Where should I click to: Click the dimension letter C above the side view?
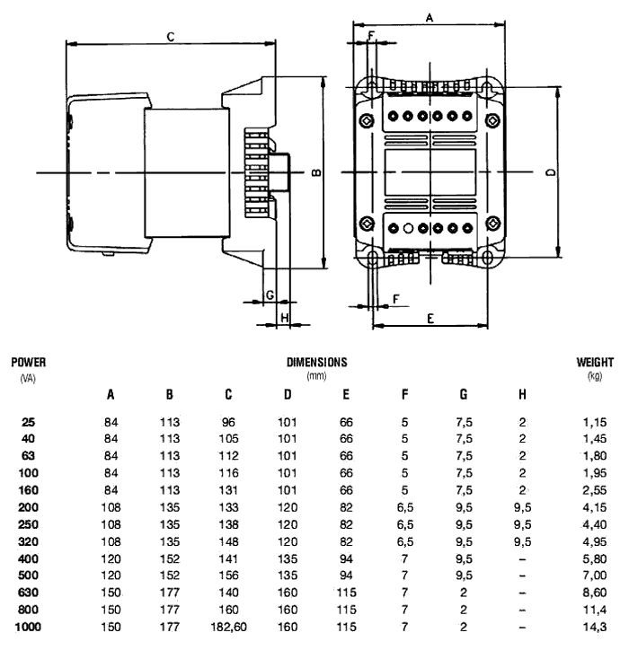click(170, 35)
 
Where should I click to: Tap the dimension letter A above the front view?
click(430, 17)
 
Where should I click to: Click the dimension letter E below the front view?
click(430, 318)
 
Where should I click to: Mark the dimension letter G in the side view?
click(269, 295)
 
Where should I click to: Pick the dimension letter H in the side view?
click(283, 317)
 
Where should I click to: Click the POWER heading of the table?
click(28, 364)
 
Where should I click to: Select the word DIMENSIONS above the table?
click(316, 364)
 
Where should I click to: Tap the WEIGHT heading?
click(594, 364)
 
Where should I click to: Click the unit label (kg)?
click(594, 376)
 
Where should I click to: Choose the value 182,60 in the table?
click(228, 627)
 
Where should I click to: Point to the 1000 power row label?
click(28, 627)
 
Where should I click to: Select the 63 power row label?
click(28, 455)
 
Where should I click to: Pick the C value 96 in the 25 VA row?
click(228, 421)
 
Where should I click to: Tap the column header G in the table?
click(464, 395)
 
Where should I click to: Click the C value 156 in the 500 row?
click(228, 575)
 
